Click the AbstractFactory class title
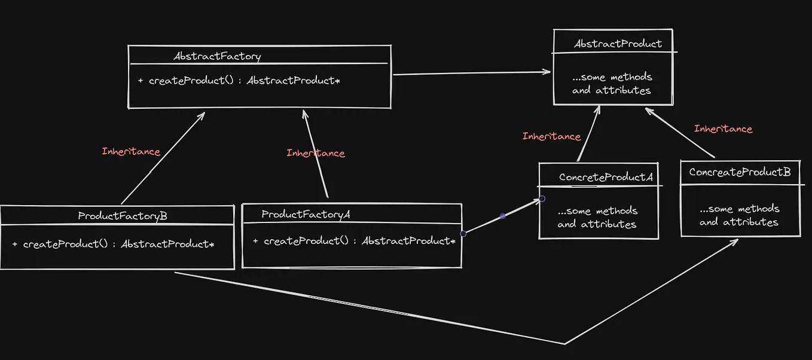pyautogui.click(x=217, y=57)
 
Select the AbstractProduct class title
pyautogui.click(x=618, y=44)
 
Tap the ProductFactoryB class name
pyautogui.click(x=123, y=216)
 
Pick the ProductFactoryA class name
pyautogui.click(x=306, y=214)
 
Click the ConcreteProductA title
pyautogui.click(x=605, y=178)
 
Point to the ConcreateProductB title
pyautogui.click(x=740, y=172)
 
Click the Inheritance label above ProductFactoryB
pyautogui.click(x=131, y=151)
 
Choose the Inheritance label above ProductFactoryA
pyautogui.click(x=315, y=153)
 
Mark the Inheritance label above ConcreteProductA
pyautogui.click(x=551, y=136)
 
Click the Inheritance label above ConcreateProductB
pyautogui.click(x=723, y=129)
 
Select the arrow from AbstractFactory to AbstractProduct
pyautogui.click(x=472, y=73)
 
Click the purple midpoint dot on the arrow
pyautogui.click(x=502, y=216)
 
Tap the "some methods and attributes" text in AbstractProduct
pyautogui.click(x=612, y=84)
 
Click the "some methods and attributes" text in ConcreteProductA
pyautogui.click(x=597, y=218)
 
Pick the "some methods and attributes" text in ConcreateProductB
pyautogui.click(x=739, y=215)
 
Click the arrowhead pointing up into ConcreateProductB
pyautogui.click(x=734, y=242)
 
